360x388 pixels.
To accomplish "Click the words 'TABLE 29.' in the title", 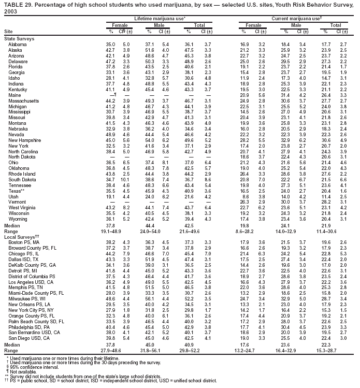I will [x=16, y=4].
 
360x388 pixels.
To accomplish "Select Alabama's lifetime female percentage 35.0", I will [x=110, y=45].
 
